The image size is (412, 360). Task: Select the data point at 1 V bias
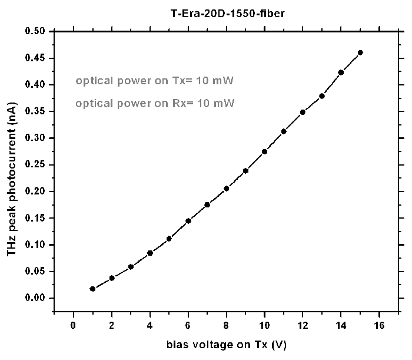(x=92, y=289)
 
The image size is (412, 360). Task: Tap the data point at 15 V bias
(x=360, y=52)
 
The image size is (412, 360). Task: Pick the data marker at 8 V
(x=227, y=189)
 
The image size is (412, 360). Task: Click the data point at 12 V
(x=303, y=112)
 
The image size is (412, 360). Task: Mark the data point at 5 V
(x=169, y=239)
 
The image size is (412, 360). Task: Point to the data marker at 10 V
(x=265, y=151)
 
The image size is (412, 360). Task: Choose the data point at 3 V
(x=131, y=266)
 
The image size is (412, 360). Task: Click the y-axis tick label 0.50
(x=36, y=31)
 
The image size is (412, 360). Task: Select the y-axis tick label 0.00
(x=36, y=298)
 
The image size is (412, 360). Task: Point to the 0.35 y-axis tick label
(x=36, y=111)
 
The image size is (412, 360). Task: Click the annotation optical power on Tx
(x=155, y=81)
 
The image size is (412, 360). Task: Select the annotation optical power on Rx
(x=155, y=103)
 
